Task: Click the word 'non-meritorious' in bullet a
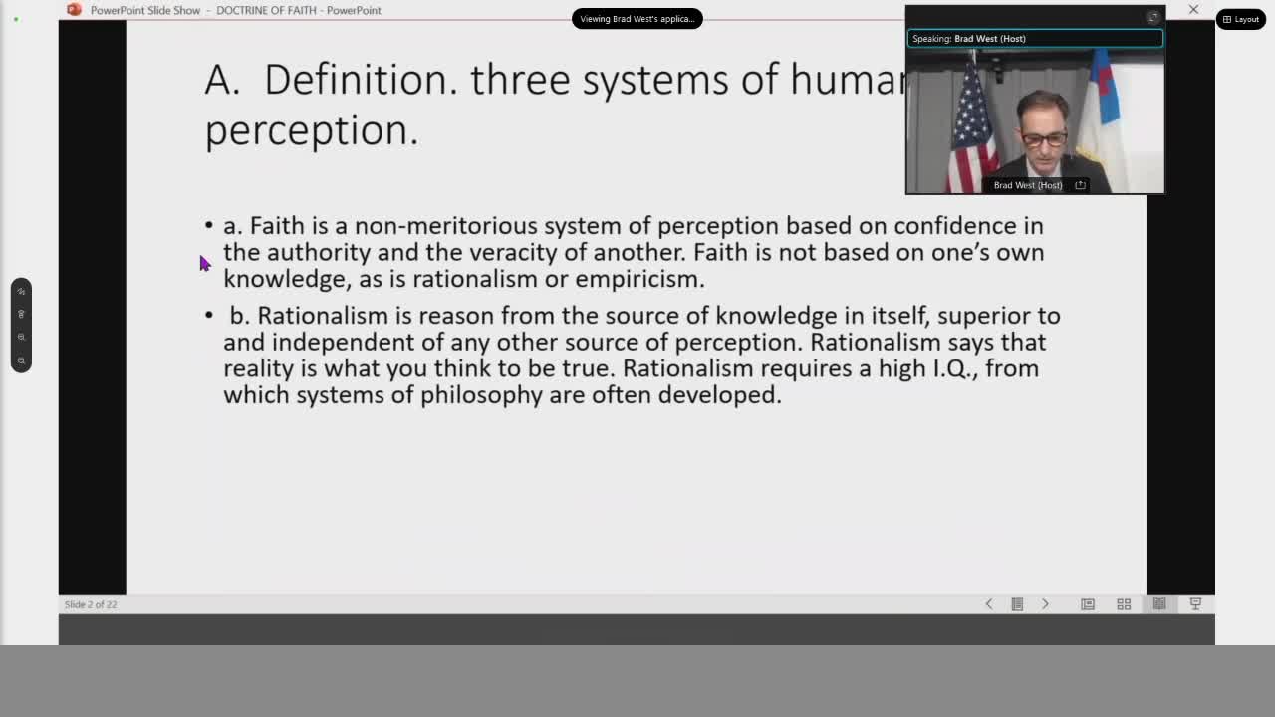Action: coord(445,226)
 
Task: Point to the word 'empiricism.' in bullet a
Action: coord(639,279)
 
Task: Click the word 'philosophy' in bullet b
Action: coord(481,396)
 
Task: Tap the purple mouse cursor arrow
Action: coord(205,264)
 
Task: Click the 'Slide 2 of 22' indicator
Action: coord(91,604)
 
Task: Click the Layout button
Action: coord(1241,19)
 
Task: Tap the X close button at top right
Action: coord(1193,10)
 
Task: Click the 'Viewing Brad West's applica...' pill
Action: coord(637,19)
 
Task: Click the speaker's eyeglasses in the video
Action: coord(1045,138)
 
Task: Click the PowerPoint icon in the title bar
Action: coord(74,10)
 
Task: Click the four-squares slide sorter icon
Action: coord(1124,604)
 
